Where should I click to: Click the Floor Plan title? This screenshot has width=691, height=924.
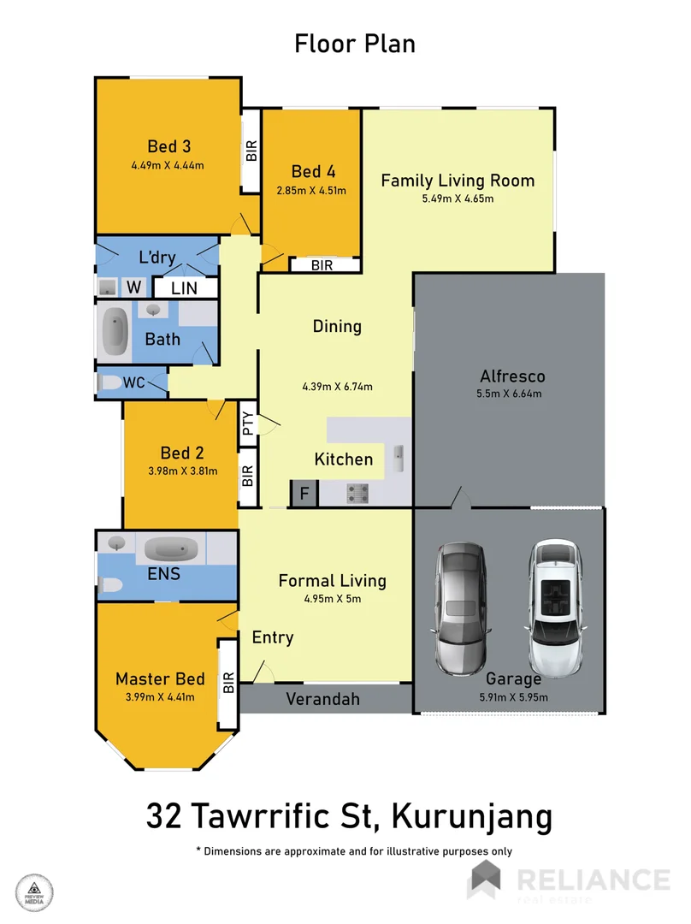click(355, 44)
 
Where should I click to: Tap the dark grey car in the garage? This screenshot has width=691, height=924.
click(461, 607)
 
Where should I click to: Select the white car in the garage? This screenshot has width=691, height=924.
click(556, 607)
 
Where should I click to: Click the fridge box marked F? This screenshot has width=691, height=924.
click(304, 493)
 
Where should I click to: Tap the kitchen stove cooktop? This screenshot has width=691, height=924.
click(357, 493)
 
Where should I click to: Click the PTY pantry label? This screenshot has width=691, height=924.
click(247, 424)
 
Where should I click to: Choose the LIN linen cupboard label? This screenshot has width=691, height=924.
click(184, 289)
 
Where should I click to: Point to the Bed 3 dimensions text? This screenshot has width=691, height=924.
click(168, 165)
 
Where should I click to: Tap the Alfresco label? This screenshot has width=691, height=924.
click(512, 376)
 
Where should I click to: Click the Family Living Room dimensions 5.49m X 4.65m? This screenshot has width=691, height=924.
click(458, 198)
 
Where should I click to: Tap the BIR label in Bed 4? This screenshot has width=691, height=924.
click(322, 266)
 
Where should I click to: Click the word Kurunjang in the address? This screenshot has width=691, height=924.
click(471, 816)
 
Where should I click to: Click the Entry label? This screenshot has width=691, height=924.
click(273, 637)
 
